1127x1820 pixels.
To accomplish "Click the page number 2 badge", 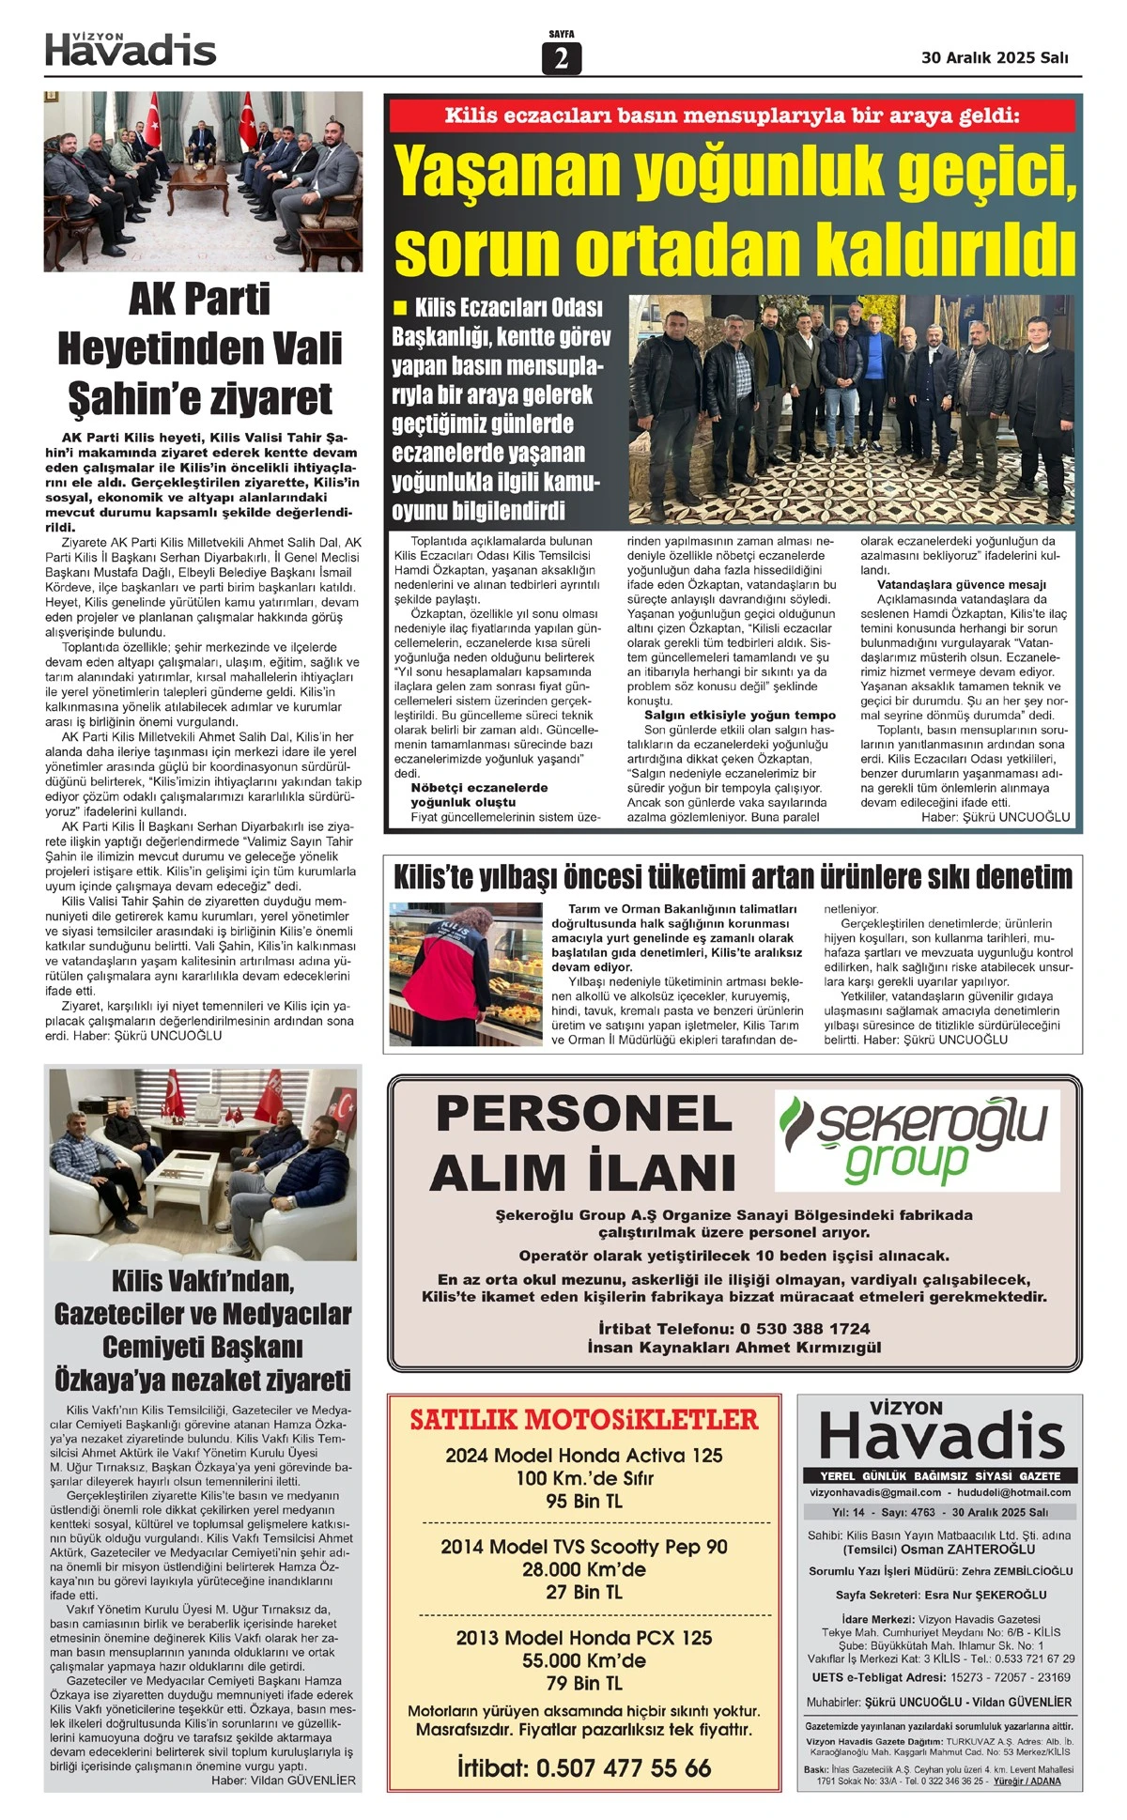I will [562, 58].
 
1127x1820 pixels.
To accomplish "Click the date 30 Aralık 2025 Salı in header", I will [995, 57].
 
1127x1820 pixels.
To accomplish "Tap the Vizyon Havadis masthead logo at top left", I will [131, 50].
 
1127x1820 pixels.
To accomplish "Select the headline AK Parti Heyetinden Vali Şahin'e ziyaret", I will [200, 349].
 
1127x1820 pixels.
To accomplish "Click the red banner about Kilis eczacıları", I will [732, 116].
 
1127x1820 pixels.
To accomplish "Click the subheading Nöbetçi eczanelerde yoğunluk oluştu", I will [478, 794].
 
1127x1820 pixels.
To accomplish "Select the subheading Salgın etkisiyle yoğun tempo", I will [739, 715].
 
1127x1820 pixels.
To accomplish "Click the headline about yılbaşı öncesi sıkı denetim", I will [733, 877].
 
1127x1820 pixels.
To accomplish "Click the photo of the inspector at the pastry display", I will [466, 973].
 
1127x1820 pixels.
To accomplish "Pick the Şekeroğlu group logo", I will [917, 1140].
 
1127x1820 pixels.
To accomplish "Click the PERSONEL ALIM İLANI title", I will [583, 1143].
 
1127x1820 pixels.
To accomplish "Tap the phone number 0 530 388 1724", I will [805, 1329].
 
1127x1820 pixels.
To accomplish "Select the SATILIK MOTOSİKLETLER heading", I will [583, 1420].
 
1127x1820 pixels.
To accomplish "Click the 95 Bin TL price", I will [583, 1502].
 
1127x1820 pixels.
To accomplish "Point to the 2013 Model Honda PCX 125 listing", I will [583, 1638].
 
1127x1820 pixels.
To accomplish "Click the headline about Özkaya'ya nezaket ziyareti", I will [203, 1330].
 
